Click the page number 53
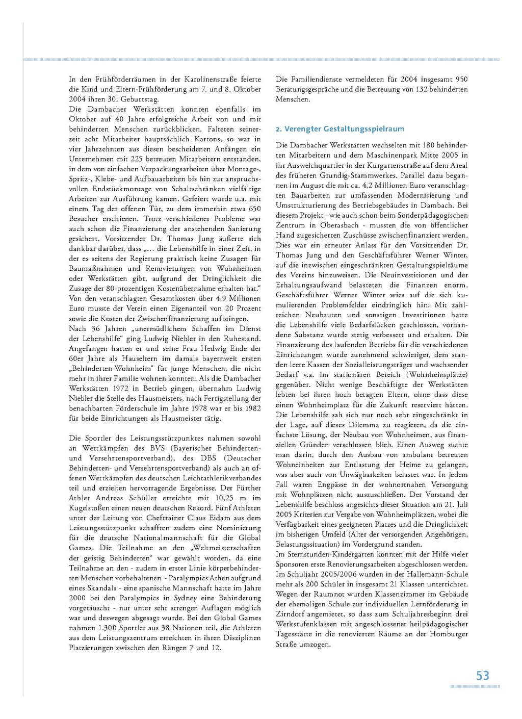[482, 676]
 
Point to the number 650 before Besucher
[254, 209]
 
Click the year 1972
[120, 389]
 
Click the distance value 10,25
[224, 498]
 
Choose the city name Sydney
[185, 598]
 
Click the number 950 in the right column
[461, 79]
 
